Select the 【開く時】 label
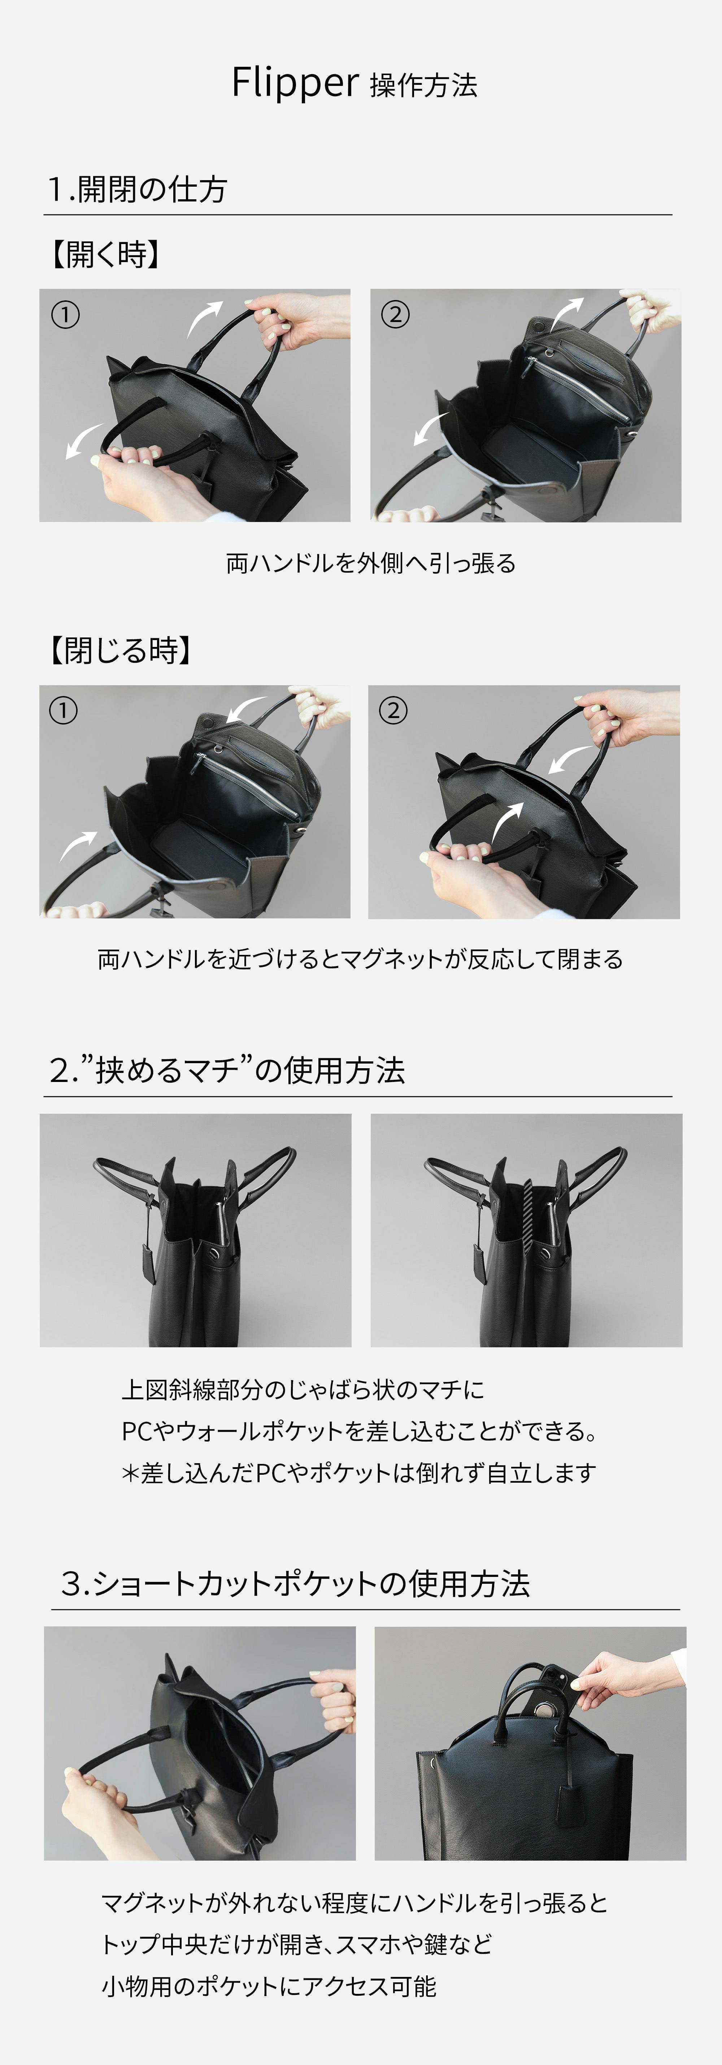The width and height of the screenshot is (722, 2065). point(105,255)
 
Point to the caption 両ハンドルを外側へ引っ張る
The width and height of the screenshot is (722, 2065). point(370,564)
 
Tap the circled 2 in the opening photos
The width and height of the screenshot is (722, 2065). point(395,314)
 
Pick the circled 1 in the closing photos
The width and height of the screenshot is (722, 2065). point(63,710)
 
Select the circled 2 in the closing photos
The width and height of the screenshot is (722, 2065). point(393,710)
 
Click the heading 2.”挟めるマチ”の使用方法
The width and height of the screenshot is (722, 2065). point(227,1070)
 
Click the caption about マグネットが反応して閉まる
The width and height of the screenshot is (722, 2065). point(360,959)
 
